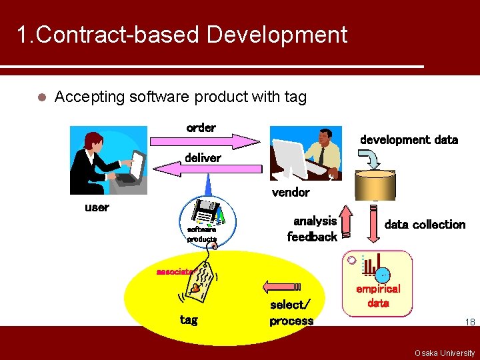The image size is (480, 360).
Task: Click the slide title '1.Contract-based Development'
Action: (x=181, y=35)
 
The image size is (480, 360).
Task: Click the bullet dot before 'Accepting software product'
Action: (x=41, y=97)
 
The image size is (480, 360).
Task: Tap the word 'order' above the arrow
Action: (x=201, y=127)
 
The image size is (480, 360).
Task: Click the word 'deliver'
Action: (x=202, y=158)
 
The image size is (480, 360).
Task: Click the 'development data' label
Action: (x=409, y=140)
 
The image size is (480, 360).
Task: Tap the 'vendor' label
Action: (x=291, y=193)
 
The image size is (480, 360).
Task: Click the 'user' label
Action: (x=97, y=207)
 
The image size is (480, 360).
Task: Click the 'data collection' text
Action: (x=425, y=225)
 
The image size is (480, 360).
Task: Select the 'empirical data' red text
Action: (x=378, y=296)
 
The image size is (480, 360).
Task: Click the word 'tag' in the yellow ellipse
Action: (x=189, y=321)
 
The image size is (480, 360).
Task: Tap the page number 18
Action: (x=469, y=322)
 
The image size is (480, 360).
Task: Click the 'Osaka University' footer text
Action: (x=445, y=353)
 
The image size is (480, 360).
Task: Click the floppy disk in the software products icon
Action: (x=203, y=212)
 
